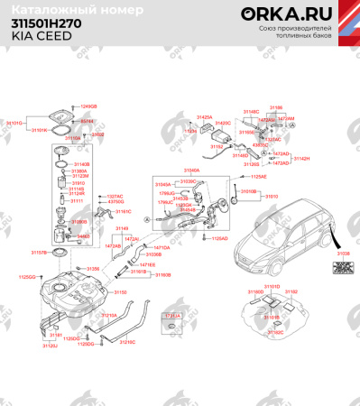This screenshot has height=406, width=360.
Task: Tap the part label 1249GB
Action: click(88, 106)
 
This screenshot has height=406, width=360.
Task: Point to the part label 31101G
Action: click(14, 121)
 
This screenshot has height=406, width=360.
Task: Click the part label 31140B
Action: click(80, 164)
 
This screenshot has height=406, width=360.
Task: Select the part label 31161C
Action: click(123, 210)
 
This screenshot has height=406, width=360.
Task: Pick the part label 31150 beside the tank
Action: click(121, 292)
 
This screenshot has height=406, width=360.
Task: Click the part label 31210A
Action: click(108, 316)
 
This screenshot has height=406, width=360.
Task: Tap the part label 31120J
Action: click(51, 346)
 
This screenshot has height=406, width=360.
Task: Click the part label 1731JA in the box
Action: click(171, 315)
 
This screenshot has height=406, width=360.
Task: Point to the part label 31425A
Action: click(205, 117)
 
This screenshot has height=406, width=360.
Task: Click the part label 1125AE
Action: click(258, 177)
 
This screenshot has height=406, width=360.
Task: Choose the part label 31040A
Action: click(192, 169)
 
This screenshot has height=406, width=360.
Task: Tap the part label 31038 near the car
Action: click(342, 255)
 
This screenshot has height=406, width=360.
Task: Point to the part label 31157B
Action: click(38, 254)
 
